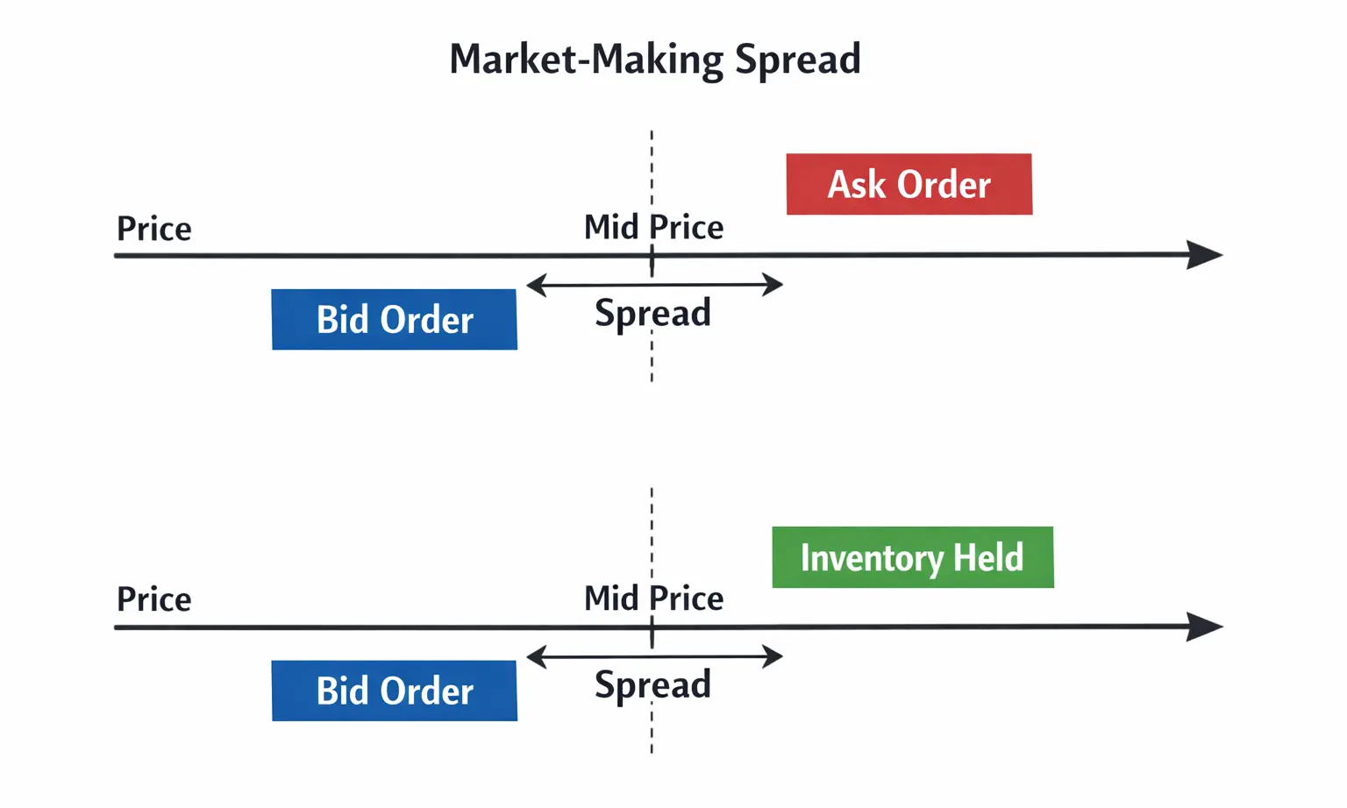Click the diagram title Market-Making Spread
[654, 60]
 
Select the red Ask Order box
[909, 184]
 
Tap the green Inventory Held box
[912, 557]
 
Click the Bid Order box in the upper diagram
[394, 320]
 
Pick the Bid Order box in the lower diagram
[394, 691]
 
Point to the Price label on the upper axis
[154, 229]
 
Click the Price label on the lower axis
[154, 599]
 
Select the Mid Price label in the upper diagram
[653, 227]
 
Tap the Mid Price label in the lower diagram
[653, 599]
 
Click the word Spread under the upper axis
[652, 313]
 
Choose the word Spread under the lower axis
[652, 684]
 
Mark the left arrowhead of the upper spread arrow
[535, 285]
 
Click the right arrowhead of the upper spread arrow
[773, 285]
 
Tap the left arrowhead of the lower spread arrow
[535, 656]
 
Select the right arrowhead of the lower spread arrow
[773, 656]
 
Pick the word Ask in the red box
[856, 184]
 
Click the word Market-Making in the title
[586, 60]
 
